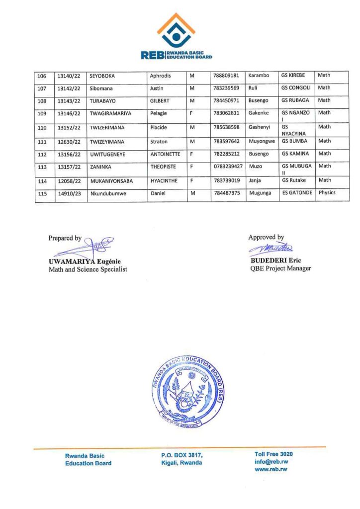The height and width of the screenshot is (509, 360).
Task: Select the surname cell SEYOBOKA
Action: coord(102,76)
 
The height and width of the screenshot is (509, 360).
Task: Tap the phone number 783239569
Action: coord(226,88)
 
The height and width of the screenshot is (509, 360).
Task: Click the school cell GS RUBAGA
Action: coord(295,100)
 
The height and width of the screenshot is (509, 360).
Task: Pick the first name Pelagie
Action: coord(160,113)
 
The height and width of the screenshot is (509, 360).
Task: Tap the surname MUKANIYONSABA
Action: coord(111,181)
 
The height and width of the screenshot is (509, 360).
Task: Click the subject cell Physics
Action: coord(327,192)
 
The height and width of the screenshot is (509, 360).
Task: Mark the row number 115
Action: coord(42,193)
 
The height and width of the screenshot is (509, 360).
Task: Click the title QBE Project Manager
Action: coord(280,268)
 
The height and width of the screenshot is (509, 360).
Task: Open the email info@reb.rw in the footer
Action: coord(271,461)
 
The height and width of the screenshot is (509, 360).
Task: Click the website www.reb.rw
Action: coord(271,469)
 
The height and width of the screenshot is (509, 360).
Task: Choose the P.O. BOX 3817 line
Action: coord(182,455)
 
